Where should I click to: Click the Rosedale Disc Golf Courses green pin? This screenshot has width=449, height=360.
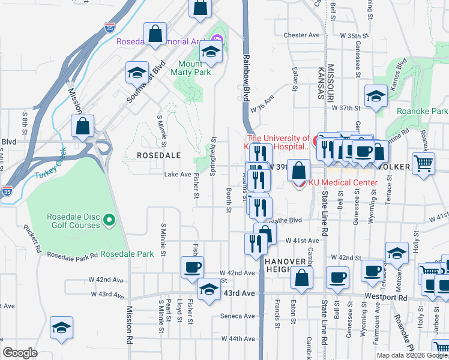(109, 221)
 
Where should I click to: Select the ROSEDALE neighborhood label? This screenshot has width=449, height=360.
(158, 155)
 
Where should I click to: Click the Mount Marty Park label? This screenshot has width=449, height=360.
(194, 68)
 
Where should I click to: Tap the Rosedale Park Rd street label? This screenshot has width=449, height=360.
(73, 256)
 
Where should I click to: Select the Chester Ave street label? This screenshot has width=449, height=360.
(301, 35)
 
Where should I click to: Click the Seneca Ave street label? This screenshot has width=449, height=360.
(238, 316)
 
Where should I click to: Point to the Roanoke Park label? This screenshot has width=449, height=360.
(422, 111)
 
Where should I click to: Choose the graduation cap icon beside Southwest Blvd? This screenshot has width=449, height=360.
(137, 73)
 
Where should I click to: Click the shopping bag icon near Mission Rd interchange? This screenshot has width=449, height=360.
(82, 126)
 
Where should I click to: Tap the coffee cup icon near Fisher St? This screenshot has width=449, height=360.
(192, 267)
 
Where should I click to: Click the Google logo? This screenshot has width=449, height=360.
(20, 352)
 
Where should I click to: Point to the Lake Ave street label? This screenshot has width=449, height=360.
(178, 175)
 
